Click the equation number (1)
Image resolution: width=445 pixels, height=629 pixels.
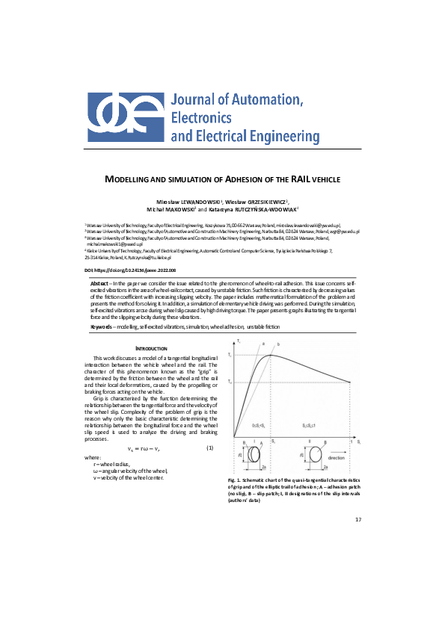tap(210, 447)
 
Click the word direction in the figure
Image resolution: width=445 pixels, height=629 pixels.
tap(336, 458)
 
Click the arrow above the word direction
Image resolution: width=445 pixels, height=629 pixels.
tap(336, 450)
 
